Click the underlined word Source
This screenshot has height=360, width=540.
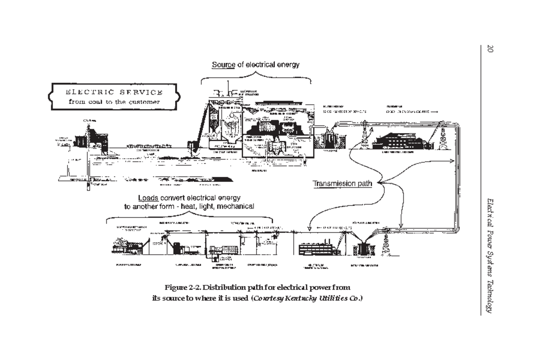pos(223,65)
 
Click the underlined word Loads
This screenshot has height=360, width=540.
pos(148,198)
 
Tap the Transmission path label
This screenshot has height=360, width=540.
pos(342,184)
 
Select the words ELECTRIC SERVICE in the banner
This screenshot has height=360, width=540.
pos(114,92)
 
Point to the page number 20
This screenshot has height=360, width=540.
pos(490,48)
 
